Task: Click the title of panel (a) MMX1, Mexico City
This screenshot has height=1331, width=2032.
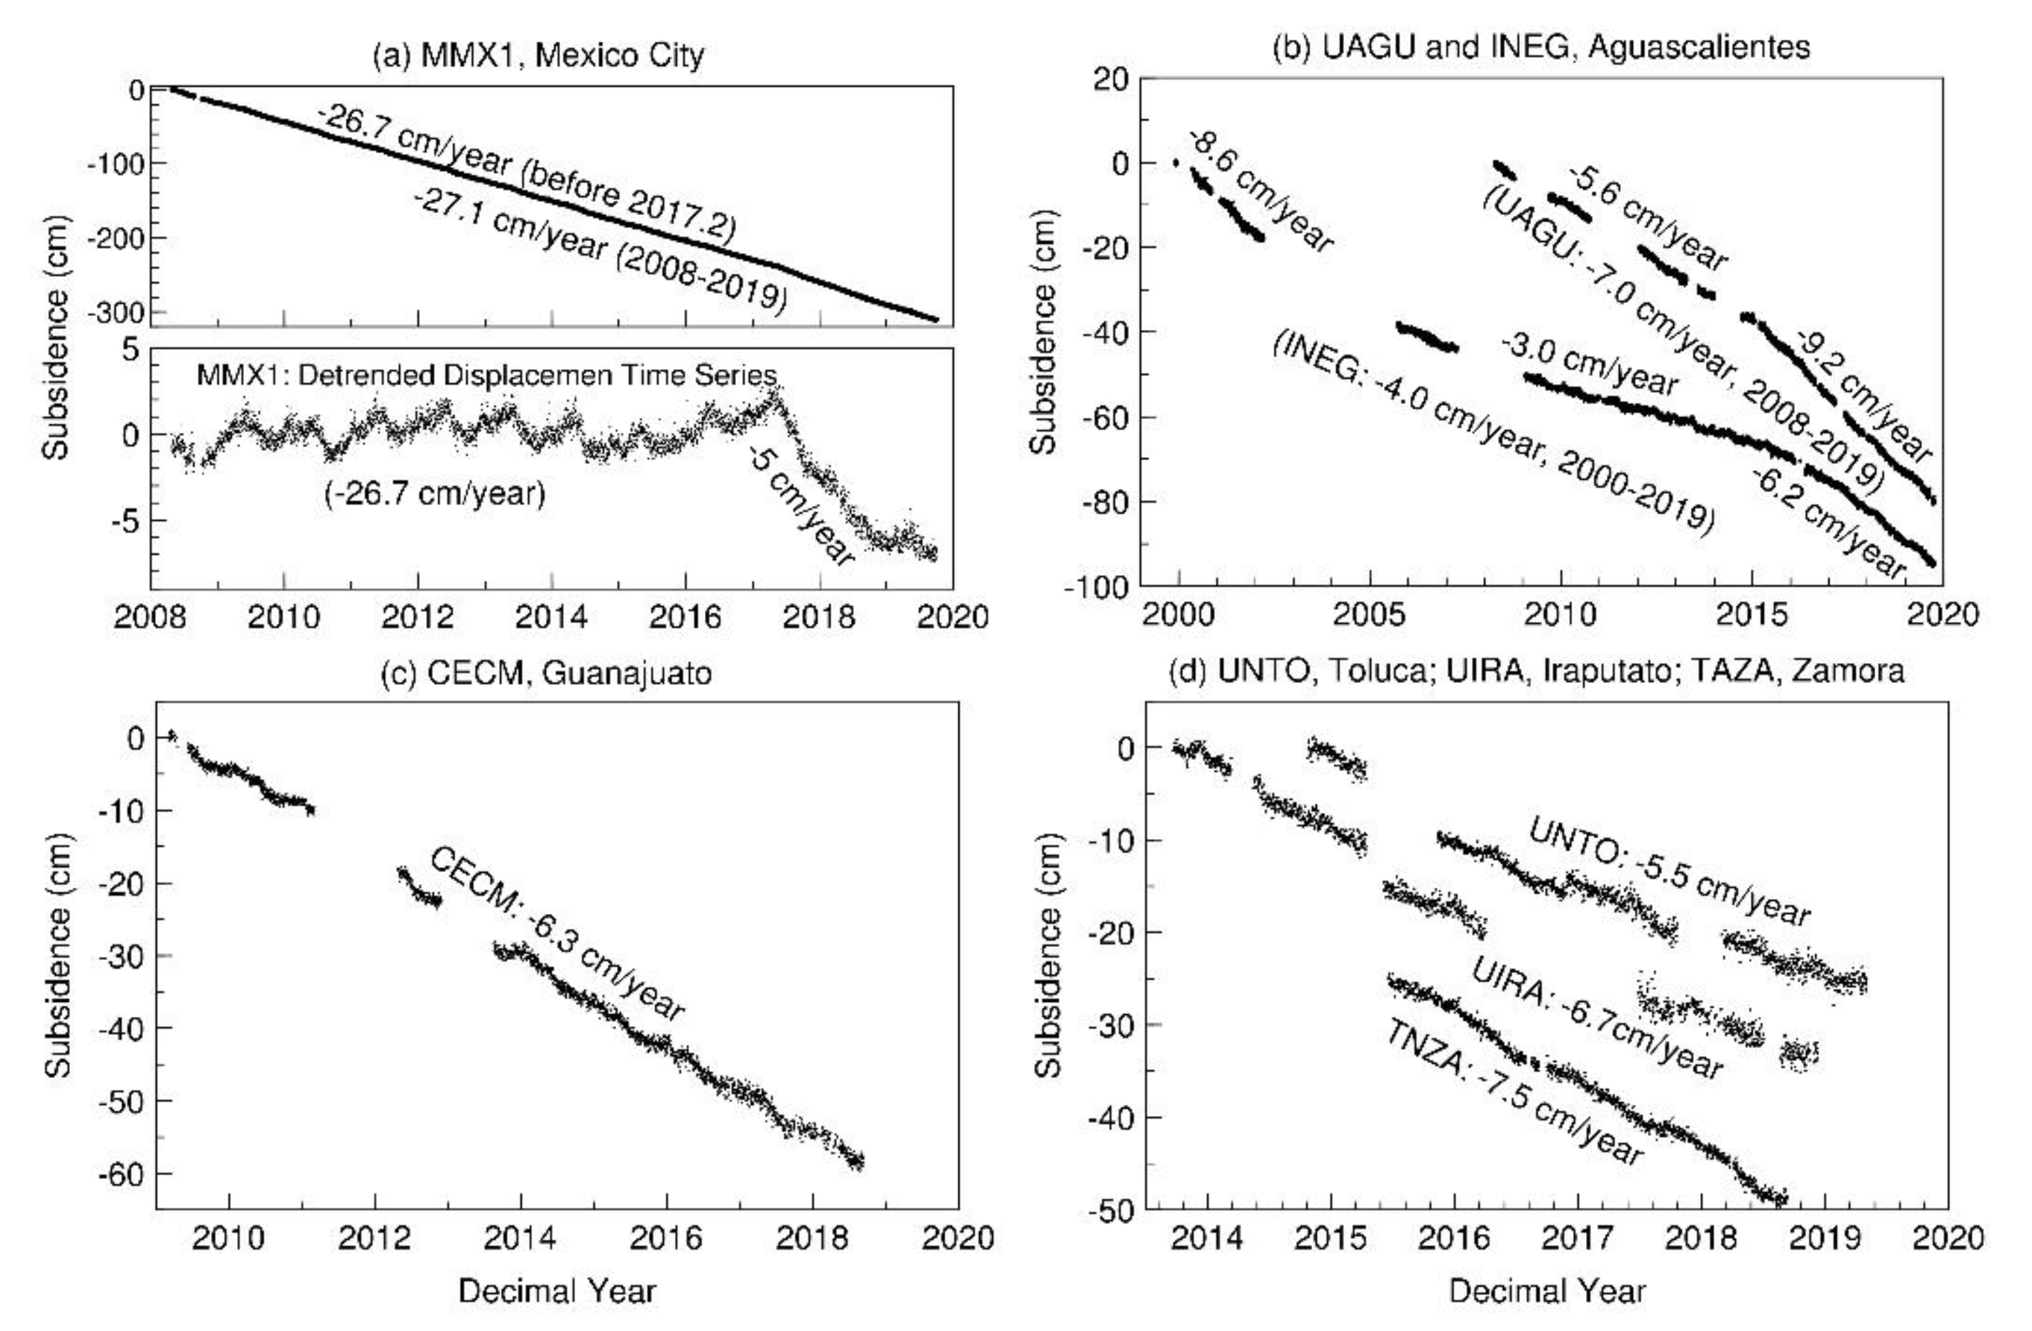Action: tap(539, 56)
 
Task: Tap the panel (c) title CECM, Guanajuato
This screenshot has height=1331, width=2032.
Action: tap(546, 673)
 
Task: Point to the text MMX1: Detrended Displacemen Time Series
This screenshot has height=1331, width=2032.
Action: tap(487, 376)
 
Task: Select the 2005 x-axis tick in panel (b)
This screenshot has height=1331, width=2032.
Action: tap(1369, 615)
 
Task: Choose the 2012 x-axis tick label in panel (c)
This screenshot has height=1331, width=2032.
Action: tap(374, 1238)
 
